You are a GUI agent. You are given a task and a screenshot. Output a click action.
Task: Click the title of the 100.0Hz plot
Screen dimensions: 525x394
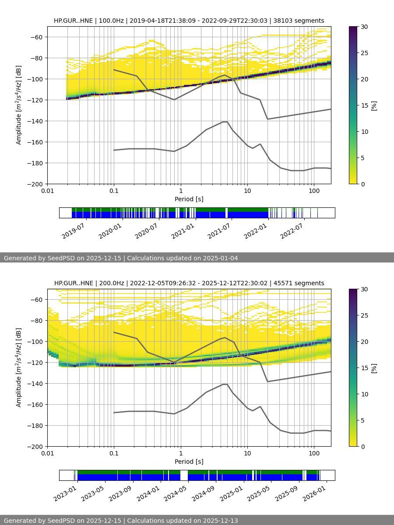click(x=189, y=21)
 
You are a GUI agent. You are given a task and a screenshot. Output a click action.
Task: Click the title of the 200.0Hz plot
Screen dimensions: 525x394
click(x=189, y=283)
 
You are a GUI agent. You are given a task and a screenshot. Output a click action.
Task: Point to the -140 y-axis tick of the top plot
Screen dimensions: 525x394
click(x=35, y=121)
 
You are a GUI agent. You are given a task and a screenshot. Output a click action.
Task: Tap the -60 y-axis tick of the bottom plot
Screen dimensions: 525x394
click(x=35, y=300)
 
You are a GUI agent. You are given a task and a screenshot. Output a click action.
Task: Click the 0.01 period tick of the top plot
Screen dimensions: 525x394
click(x=47, y=191)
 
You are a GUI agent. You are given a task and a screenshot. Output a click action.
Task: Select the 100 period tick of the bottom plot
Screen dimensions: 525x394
click(x=314, y=453)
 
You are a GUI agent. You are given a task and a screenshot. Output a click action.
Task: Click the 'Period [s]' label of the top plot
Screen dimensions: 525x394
click(x=189, y=199)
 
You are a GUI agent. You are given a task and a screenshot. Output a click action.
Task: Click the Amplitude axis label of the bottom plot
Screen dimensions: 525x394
click(x=18, y=367)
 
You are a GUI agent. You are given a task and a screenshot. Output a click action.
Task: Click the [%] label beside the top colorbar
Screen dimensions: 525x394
click(x=374, y=105)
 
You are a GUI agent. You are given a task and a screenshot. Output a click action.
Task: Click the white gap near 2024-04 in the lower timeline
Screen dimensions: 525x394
click(x=184, y=475)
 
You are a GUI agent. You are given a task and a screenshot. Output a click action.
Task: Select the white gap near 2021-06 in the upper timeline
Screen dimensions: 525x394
click(x=226, y=213)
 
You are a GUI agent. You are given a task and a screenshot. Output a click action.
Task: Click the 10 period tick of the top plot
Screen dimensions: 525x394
click(x=247, y=191)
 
